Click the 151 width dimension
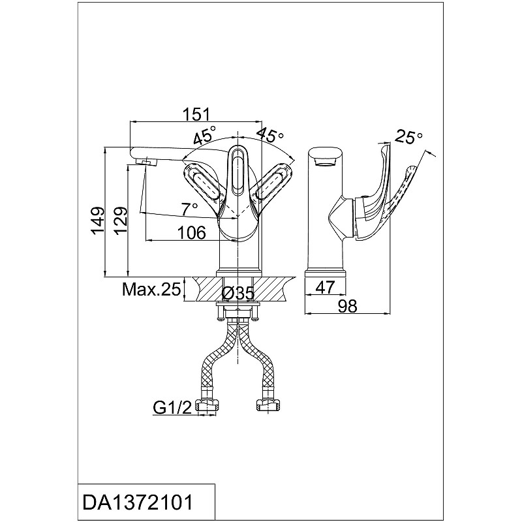[196, 114]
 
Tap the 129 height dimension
[121, 221]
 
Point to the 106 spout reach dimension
[191, 232]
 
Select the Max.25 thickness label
[151, 289]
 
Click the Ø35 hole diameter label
[238, 293]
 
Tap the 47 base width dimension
[325, 287]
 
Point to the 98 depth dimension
[348, 305]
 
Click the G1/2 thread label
[172, 407]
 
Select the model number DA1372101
[138, 502]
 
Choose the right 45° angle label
[270, 134]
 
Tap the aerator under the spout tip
[147, 162]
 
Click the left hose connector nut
[207, 405]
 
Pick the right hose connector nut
[268, 405]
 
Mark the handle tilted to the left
[202, 183]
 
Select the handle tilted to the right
[274, 183]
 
